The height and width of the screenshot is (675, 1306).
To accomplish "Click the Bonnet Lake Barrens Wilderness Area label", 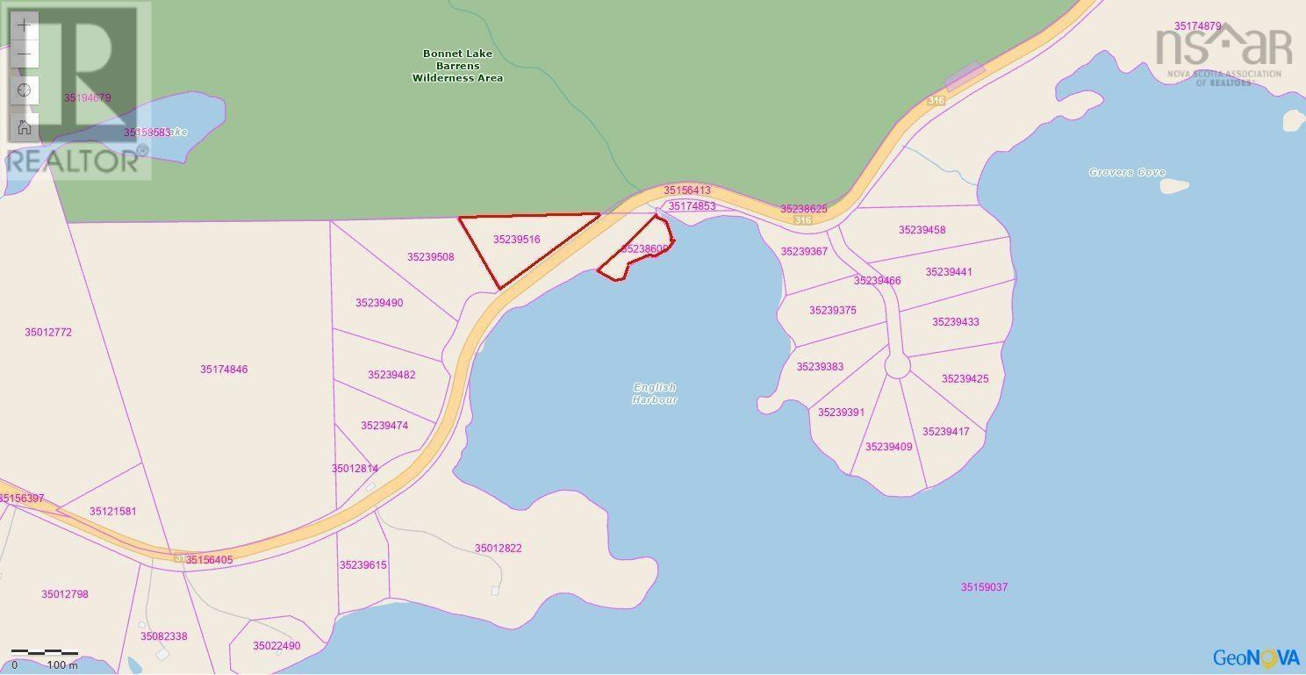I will [x=457, y=66].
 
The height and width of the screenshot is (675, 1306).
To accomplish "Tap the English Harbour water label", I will [x=655, y=393].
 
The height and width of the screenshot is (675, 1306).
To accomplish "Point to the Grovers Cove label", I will [x=1127, y=173].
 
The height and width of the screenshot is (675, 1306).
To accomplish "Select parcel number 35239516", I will [x=516, y=240].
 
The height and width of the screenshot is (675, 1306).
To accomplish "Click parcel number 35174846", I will [x=224, y=370].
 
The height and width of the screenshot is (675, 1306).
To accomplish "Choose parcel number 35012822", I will [x=499, y=549].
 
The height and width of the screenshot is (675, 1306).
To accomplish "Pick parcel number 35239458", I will [x=922, y=230].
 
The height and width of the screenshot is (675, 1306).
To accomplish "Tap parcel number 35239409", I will [x=888, y=447].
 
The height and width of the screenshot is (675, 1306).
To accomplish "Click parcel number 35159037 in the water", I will [x=984, y=587].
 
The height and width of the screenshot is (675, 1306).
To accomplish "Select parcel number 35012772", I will [x=48, y=333].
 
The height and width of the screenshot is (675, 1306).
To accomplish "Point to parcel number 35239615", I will [x=362, y=565].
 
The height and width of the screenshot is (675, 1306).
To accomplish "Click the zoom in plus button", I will [x=25, y=25].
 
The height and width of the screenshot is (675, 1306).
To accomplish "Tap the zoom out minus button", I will [x=25, y=54].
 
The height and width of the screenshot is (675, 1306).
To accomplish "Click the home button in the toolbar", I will [x=25, y=127].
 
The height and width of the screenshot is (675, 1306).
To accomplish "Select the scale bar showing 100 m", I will [x=46, y=655].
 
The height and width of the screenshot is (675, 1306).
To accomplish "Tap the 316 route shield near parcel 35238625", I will [x=802, y=220].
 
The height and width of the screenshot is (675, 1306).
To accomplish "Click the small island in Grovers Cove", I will [x=1173, y=186].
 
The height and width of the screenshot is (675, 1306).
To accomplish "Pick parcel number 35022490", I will [x=276, y=646].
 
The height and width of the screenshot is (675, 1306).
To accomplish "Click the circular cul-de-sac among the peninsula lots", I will [x=897, y=366].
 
